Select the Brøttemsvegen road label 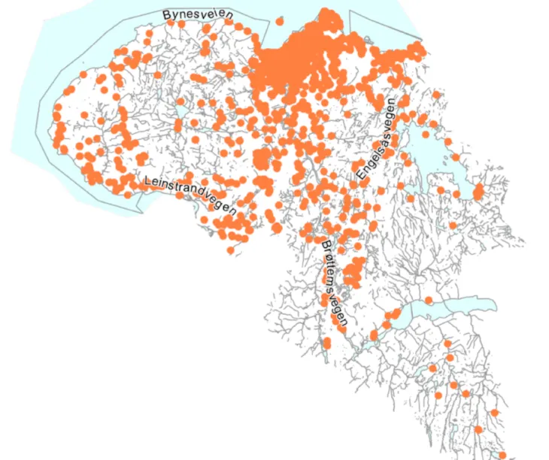pos(332,282)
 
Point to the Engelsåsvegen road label pos(375,138)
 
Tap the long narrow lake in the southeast pos(451,306)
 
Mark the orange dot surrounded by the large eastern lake pos(453,156)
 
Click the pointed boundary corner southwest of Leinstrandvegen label pos(141,213)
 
